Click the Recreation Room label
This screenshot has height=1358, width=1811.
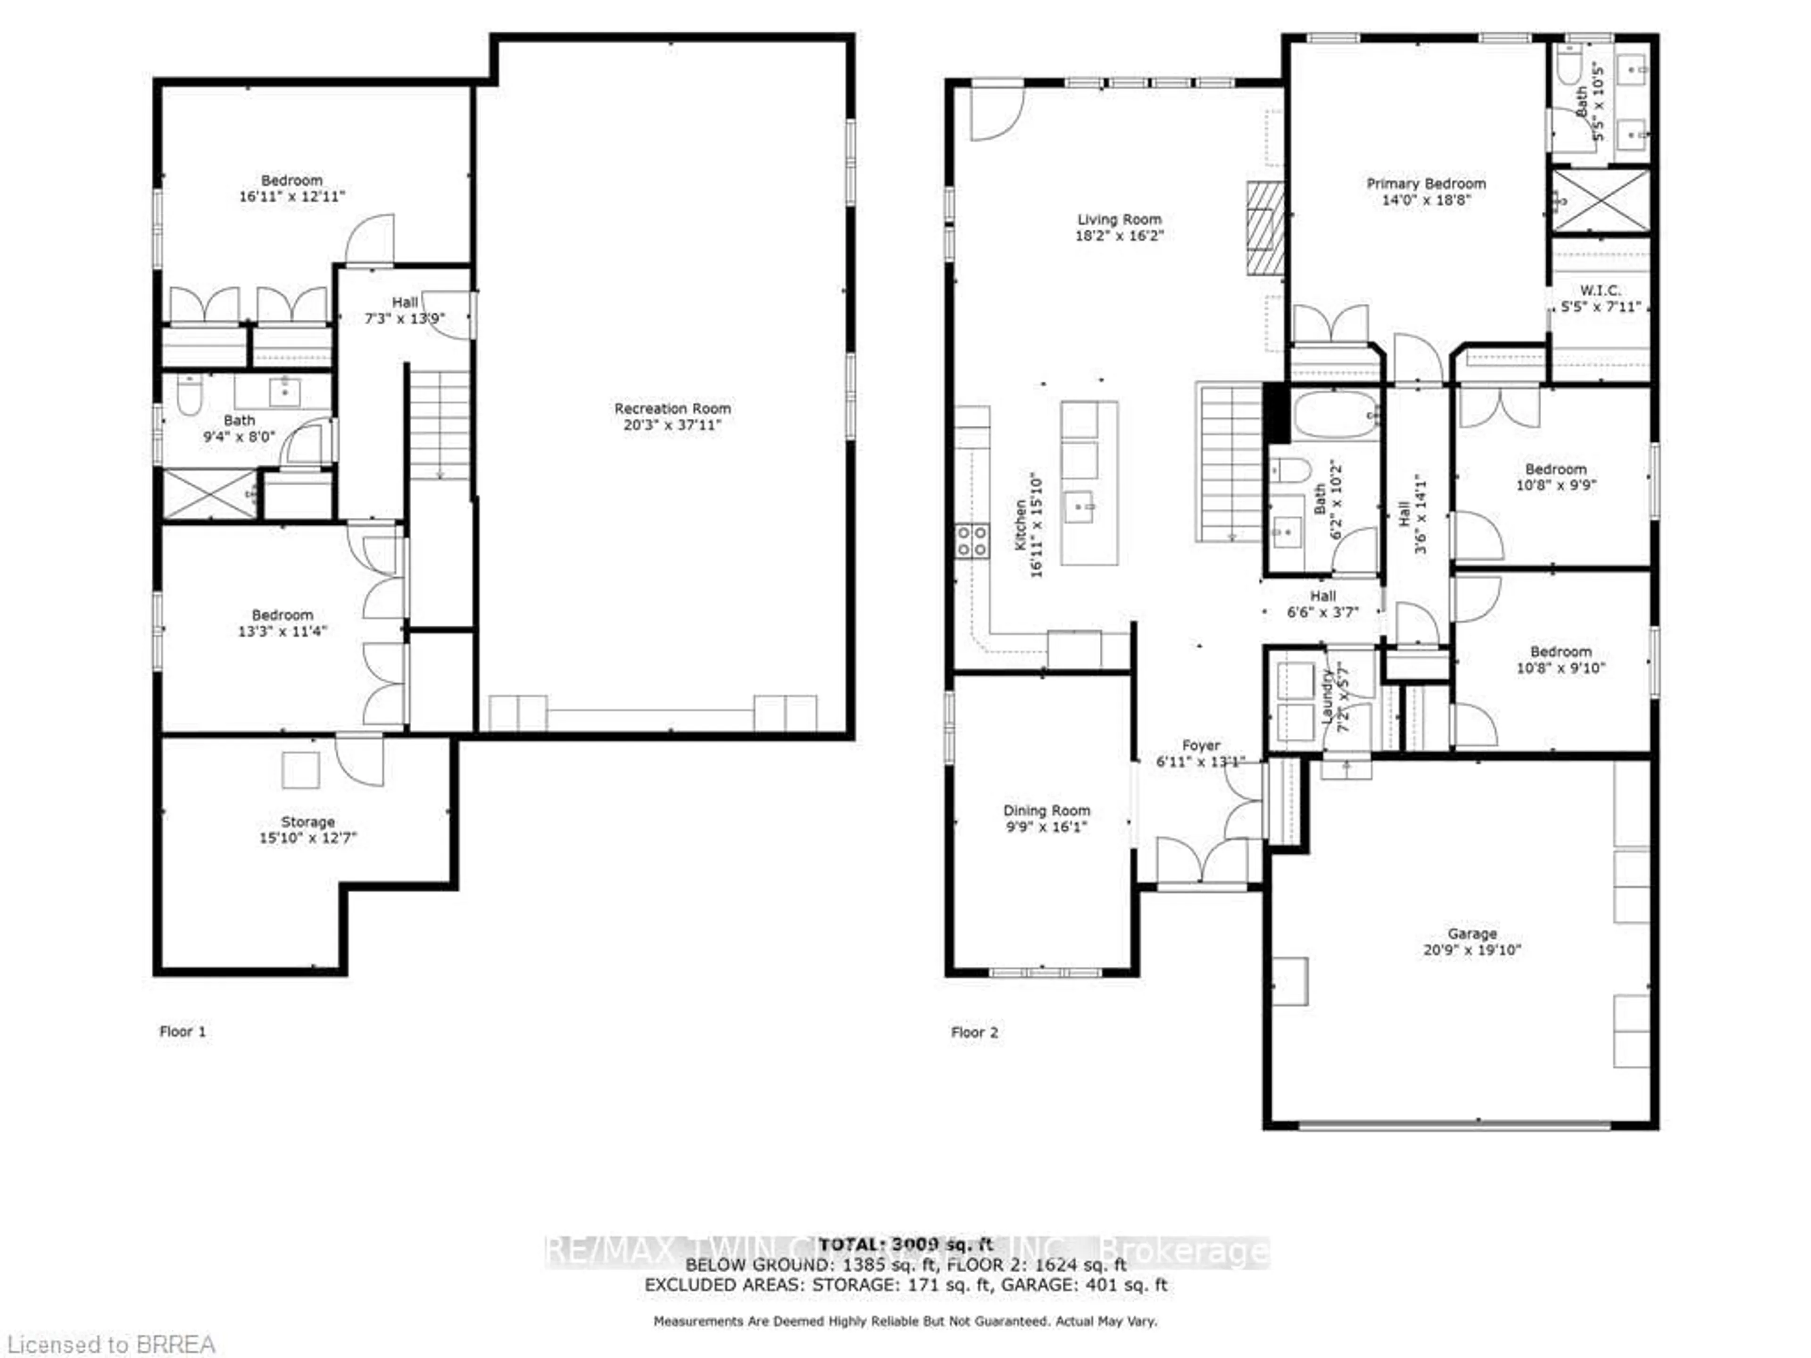(672, 408)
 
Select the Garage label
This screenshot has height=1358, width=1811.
(1471, 933)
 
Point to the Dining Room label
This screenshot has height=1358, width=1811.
(1047, 811)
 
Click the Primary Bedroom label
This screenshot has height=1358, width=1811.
(1425, 183)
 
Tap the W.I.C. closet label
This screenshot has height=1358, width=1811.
(1599, 290)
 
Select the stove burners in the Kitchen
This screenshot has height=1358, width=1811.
(972, 541)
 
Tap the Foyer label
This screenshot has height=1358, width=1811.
(1200, 745)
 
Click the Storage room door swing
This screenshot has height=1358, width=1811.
(358, 761)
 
